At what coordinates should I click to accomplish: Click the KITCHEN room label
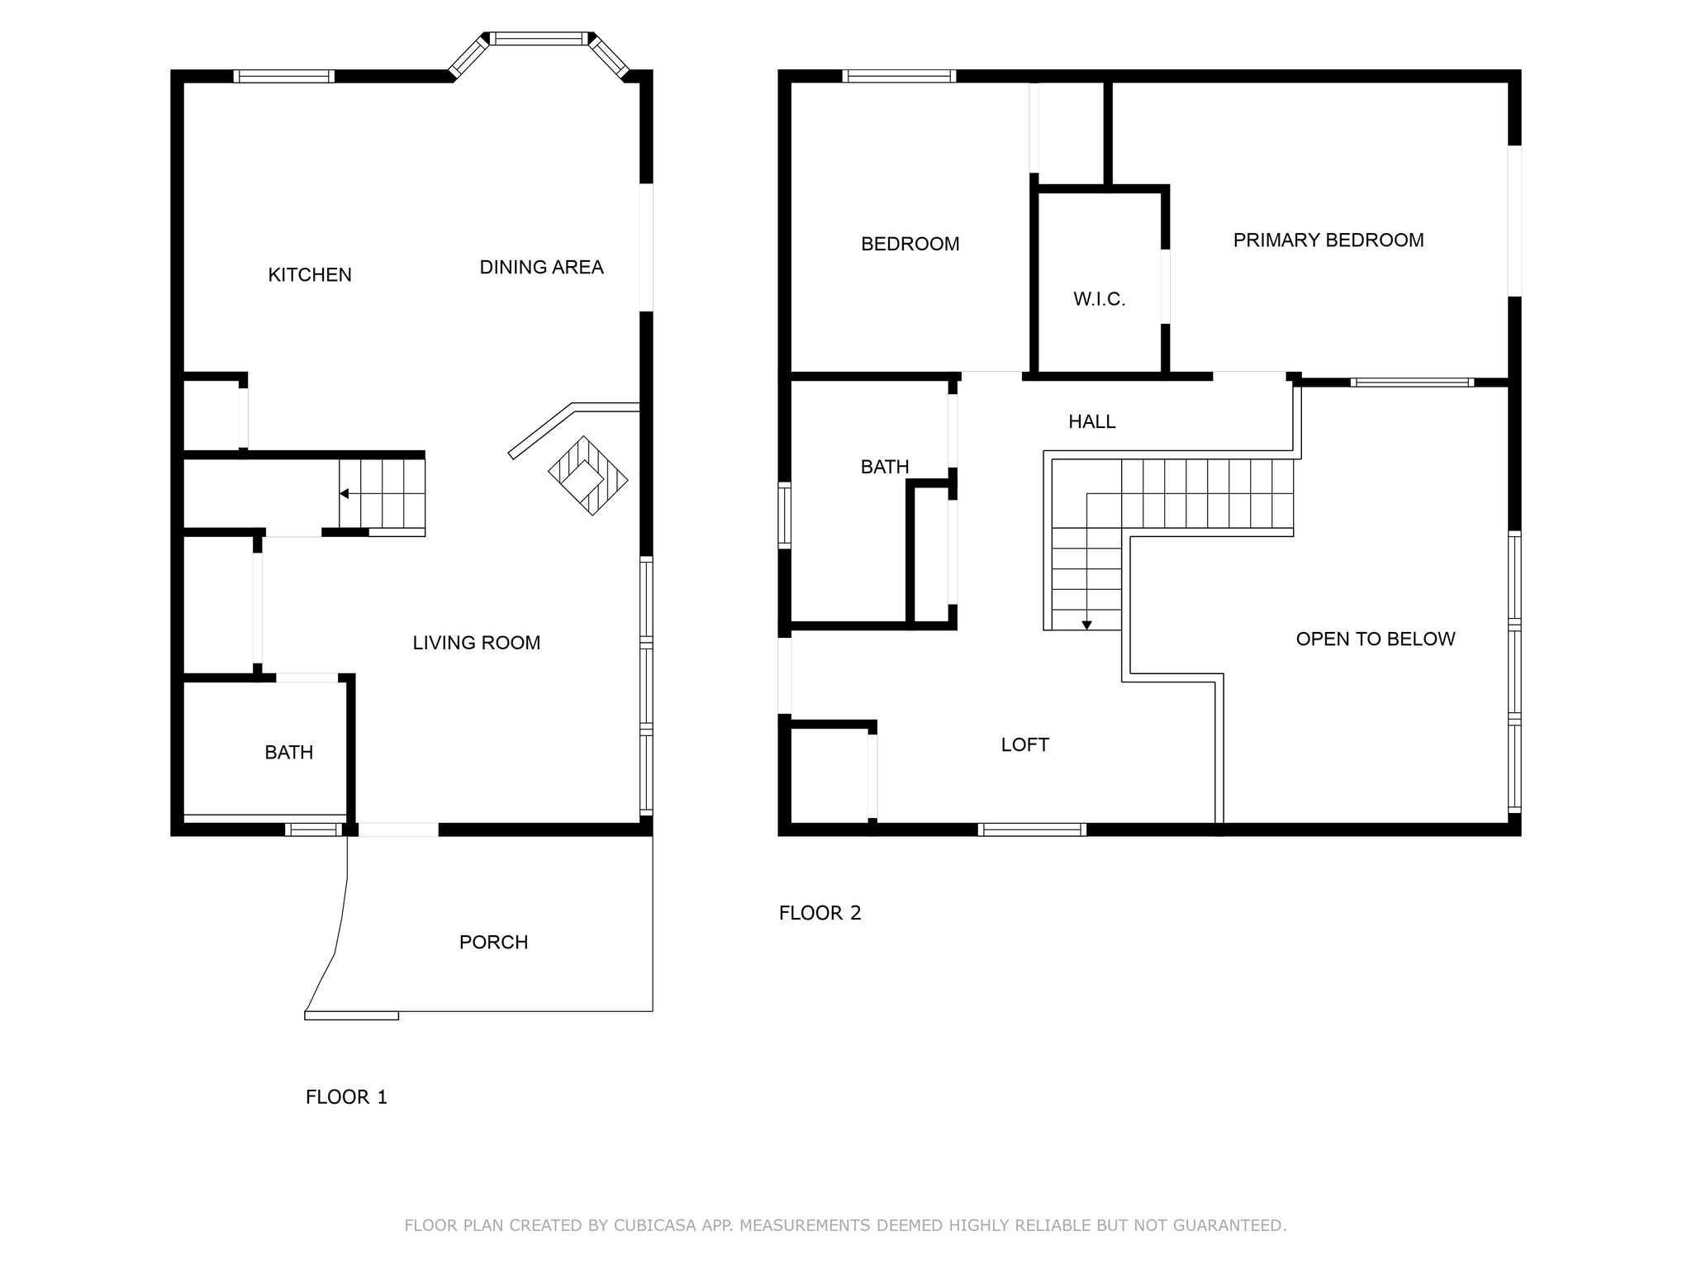pyautogui.click(x=310, y=275)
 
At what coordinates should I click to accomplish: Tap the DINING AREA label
pyautogui.click(x=542, y=268)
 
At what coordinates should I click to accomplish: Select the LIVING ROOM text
pyautogui.click(x=477, y=643)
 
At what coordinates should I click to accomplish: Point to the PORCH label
pyautogui.click(x=493, y=943)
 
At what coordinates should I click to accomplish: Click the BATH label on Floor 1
pyautogui.click(x=289, y=753)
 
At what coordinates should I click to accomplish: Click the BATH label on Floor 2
pyautogui.click(x=885, y=468)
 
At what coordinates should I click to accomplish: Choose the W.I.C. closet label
pyautogui.click(x=1100, y=300)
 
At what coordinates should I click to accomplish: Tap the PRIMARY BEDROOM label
pyautogui.click(x=1328, y=240)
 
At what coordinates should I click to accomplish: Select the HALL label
pyautogui.click(x=1092, y=422)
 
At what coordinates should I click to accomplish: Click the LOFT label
pyautogui.click(x=1025, y=745)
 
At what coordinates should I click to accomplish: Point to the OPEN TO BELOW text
pyautogui.click(x=1376, y=639)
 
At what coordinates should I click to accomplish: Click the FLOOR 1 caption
pyautogui.click(x=346, y=1097)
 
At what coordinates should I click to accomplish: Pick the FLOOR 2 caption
pyautogui.click(x=820, y=913)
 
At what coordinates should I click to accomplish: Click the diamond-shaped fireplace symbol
pyautogui.click(x=588, y=477)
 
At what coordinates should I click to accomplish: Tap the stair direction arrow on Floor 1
pyautogui.click(x=344, y=494)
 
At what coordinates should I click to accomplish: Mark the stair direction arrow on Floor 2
pyautogui.click(x=1087, y=625)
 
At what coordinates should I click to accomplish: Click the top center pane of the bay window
pyautogui.click(x=539, y=38)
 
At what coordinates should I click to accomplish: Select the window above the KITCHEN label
pyautogui.click(x=284, y=76)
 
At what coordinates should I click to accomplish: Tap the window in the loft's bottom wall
pyautogui.click(x=1032, y=829)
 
